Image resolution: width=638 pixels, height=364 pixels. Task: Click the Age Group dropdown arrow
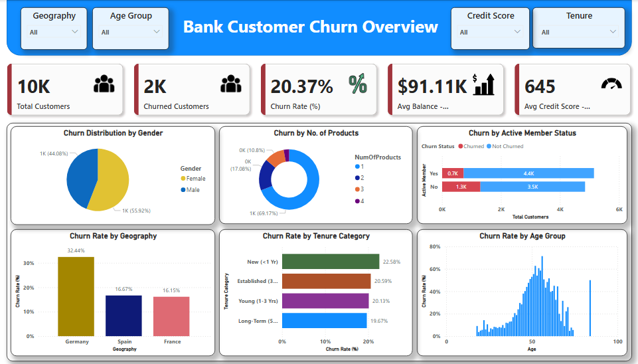tap(157, 31)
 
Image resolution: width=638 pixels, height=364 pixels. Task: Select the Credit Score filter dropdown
tap(490, 32)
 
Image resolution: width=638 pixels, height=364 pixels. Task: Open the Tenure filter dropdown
tap(579, 32)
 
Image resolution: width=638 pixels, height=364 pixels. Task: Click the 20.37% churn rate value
tap(301, 86)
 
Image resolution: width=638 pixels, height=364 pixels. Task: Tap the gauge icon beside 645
tap(611, 84)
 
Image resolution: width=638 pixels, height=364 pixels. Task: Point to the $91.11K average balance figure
tap(432, 86)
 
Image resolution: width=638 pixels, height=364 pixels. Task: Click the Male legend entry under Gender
tap(193, 190)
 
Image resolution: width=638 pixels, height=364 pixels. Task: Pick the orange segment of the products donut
tap(275, 158)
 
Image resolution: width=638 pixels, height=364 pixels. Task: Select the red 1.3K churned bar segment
tap(461, 187)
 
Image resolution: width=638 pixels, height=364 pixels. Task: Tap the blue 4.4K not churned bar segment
tap(528, 173)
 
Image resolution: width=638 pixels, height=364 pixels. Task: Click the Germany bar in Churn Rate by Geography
tap(76, 296)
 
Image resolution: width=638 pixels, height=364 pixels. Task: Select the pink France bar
tap(171, 316)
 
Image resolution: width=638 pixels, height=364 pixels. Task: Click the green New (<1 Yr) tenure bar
tap(331, 262)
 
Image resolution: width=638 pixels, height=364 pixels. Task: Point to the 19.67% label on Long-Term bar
tap(379, 321)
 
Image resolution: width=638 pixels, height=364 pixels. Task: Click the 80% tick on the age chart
tap(435, 246)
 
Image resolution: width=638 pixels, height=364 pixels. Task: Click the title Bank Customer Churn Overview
tap(310, 27)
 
